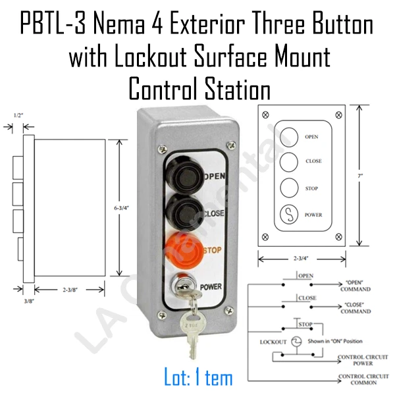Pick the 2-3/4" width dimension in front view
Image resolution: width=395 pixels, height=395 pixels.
[301, 259]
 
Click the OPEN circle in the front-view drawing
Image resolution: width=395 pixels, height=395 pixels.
[289, 136]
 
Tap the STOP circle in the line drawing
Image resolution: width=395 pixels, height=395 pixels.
[289, 188]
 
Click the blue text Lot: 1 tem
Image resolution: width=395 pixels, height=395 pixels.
[199, 378]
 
